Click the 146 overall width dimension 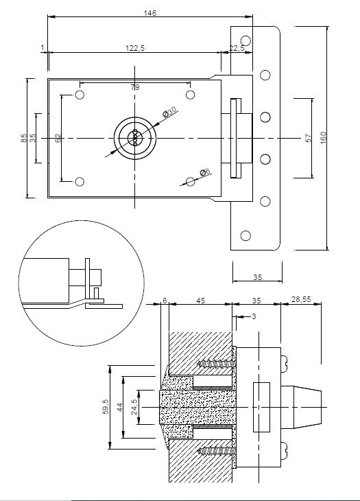pyautogui.click(x=150, y=13)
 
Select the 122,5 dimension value pyautogui.click(x=135, y=48)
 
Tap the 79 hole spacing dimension pyautogui.click(x=135, y=87)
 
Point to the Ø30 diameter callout pyautogui.click(x=169, y=112)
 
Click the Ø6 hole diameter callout pyautogui.click(x=205, y=172)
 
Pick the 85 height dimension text pyautogui.click(x=23, y=138)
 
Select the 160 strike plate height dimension pyautogui.click(x=323, y=138)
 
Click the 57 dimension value pyautogui.click(x=309, y=138)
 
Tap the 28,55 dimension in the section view pyautogui.click(x=301, y=299)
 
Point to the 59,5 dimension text pyautogui.click(x=106, y=406)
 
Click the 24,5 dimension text pyautogui.click(x=134, y=407)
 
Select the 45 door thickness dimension pyautogui.click(x=201, y=301)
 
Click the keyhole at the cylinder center pyautogui.click(x=134, y=138)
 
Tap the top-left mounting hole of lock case pyautogui.click(x=80, y=95)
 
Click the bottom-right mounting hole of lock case pyautogui.click(x=190, y=182)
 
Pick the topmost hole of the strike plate pyautogui.click(x=245, y=40)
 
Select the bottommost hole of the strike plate pyautogui.click(x=245, y=236)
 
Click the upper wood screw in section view pyautogui.click(x=217, y=364)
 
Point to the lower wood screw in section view pyautogui.click(x=217, y=451)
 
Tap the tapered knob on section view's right pyautogui.click(x=301, y=407)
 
